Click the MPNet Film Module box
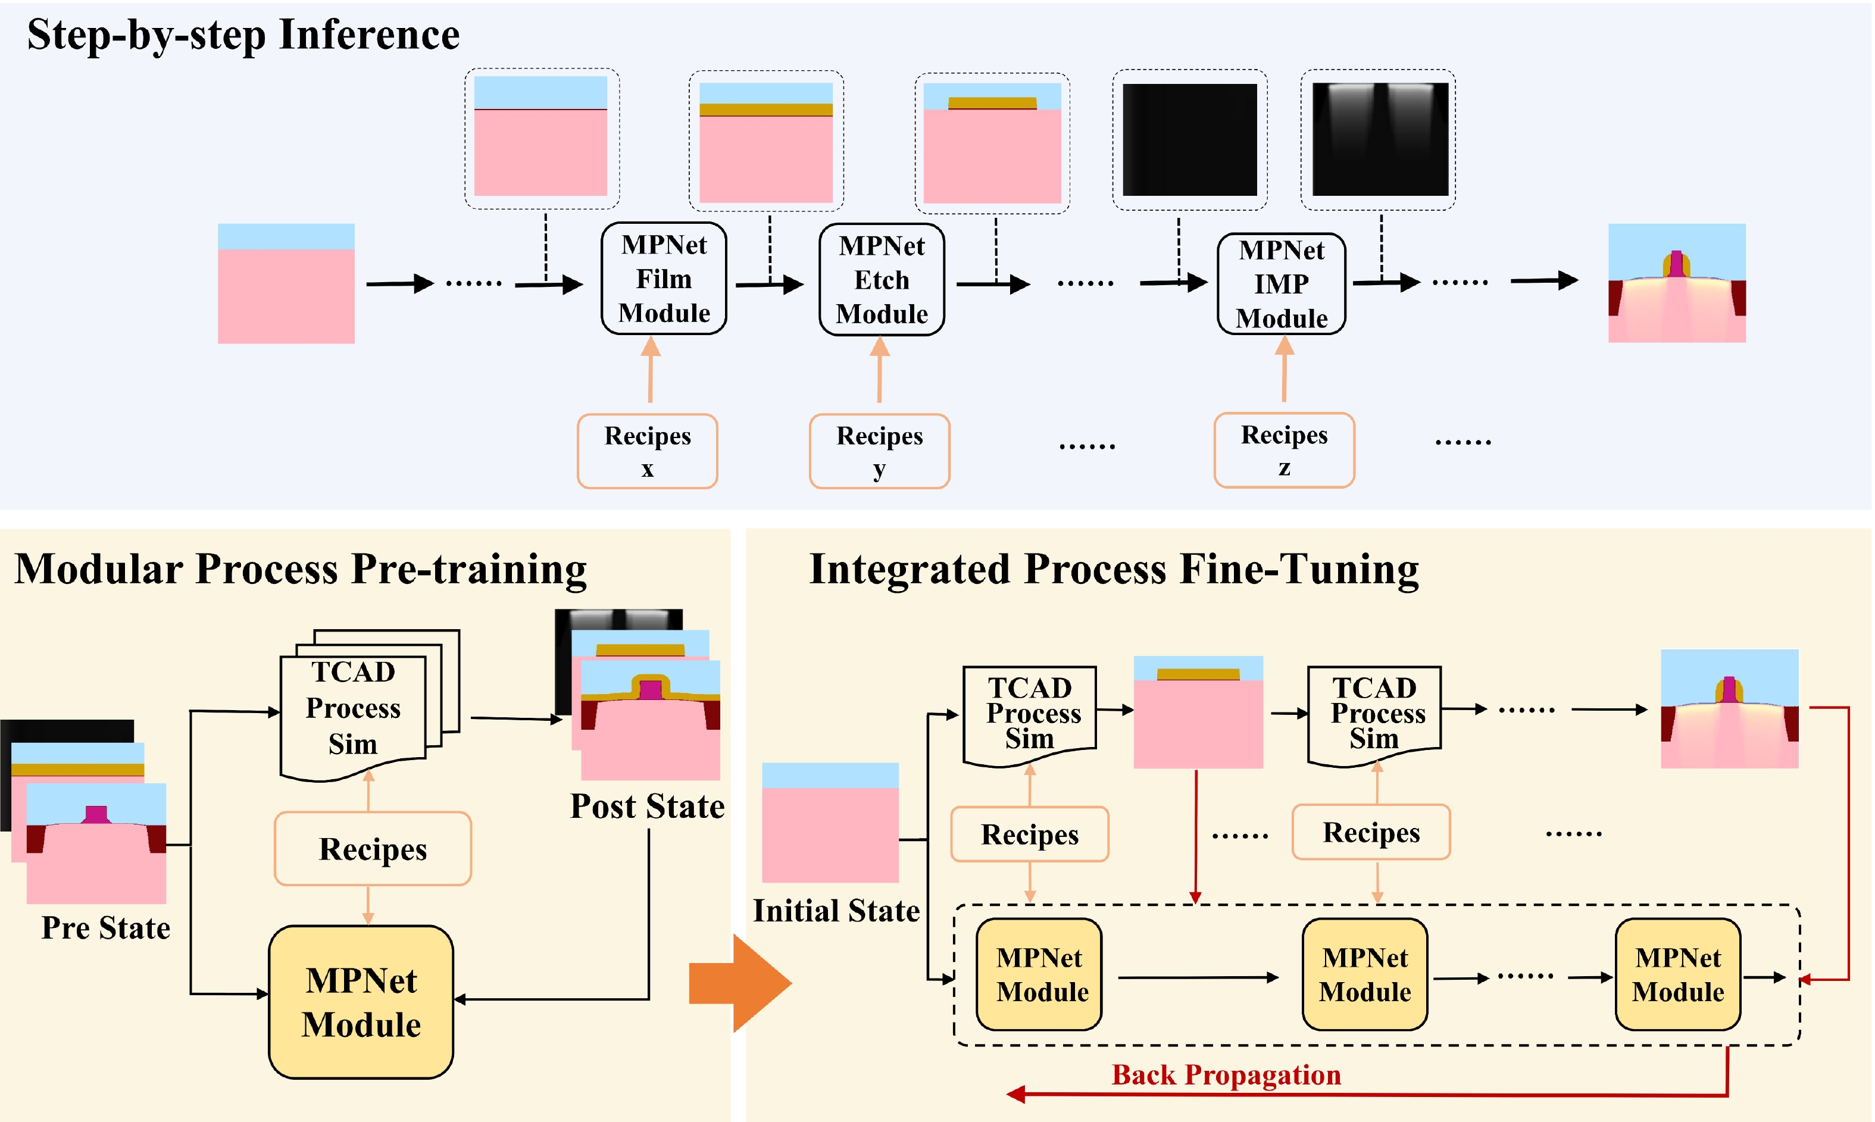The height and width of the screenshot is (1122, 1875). click(x=664, y=278)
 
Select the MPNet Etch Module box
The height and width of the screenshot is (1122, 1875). click(x=882, y=280)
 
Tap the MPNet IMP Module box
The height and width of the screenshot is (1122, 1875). click(x=1282, y=283)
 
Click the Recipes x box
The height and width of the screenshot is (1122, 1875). click(x=647, y=451)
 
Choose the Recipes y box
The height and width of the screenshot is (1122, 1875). click(x=879, y=451)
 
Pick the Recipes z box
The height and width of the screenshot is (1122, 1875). click(x=1284, y=450)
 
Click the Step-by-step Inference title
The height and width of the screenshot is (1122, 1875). click(x=243, y=35)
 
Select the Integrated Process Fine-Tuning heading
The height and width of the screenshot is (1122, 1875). click(x=1114, y=568)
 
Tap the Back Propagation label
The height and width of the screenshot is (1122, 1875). click(x=1226, y=1074)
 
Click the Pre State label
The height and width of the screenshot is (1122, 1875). click(x=105, y=928)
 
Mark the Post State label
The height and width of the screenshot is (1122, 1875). click(x=647, y=806)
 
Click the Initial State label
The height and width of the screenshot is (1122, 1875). click(x=836, y=910)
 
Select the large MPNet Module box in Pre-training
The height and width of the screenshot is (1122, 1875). click(x=361, y=1002)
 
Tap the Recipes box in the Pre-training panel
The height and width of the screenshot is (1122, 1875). click(x=373, y=848)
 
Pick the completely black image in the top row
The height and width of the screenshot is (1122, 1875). click(x=1189, y=140)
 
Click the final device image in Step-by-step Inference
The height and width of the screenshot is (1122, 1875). click(x=1676, y=283)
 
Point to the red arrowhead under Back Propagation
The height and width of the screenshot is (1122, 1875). click(x=1016, y=1094)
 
